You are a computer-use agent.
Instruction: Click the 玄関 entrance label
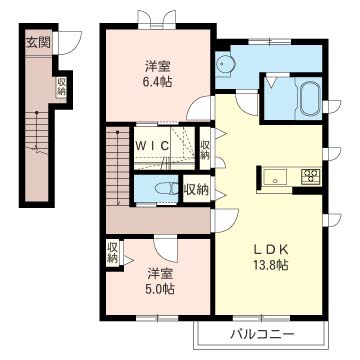38,42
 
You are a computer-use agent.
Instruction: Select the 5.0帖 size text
161,289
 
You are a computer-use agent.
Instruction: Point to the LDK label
270,249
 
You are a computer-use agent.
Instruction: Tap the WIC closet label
152,145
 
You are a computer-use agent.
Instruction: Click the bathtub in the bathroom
309,98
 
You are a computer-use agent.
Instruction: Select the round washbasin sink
224,63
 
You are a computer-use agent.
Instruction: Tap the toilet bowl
167,189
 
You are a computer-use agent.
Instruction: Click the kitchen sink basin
275,176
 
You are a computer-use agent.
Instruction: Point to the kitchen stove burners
311,175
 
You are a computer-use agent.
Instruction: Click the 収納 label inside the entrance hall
61,87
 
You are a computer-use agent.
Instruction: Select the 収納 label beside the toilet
197,189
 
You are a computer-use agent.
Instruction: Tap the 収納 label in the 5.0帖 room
113,252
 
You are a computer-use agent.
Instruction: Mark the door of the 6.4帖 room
198,109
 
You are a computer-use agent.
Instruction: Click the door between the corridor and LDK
227,220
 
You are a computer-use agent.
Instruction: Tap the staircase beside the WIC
118,166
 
